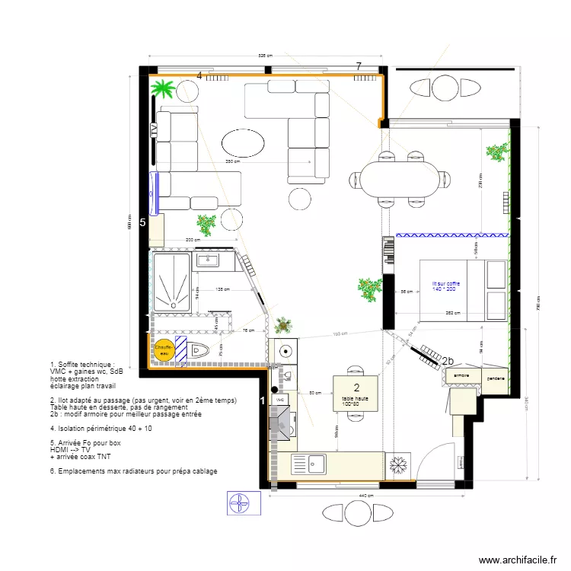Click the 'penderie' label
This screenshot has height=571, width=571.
(x=495, y=376)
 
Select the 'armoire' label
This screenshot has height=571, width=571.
(x=461, y=376)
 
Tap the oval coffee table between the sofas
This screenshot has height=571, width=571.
(x=244, y=142)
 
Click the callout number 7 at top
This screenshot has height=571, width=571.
(x=359, y=67)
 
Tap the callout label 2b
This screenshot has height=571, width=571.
(x=448, y=362)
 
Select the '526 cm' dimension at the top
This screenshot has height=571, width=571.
(x=265, y=56)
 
